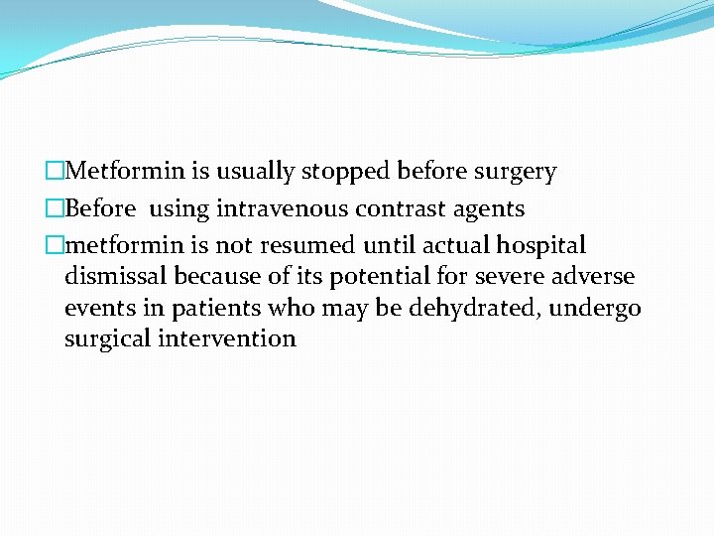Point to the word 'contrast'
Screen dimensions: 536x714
379,209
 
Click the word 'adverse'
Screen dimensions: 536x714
600,275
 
